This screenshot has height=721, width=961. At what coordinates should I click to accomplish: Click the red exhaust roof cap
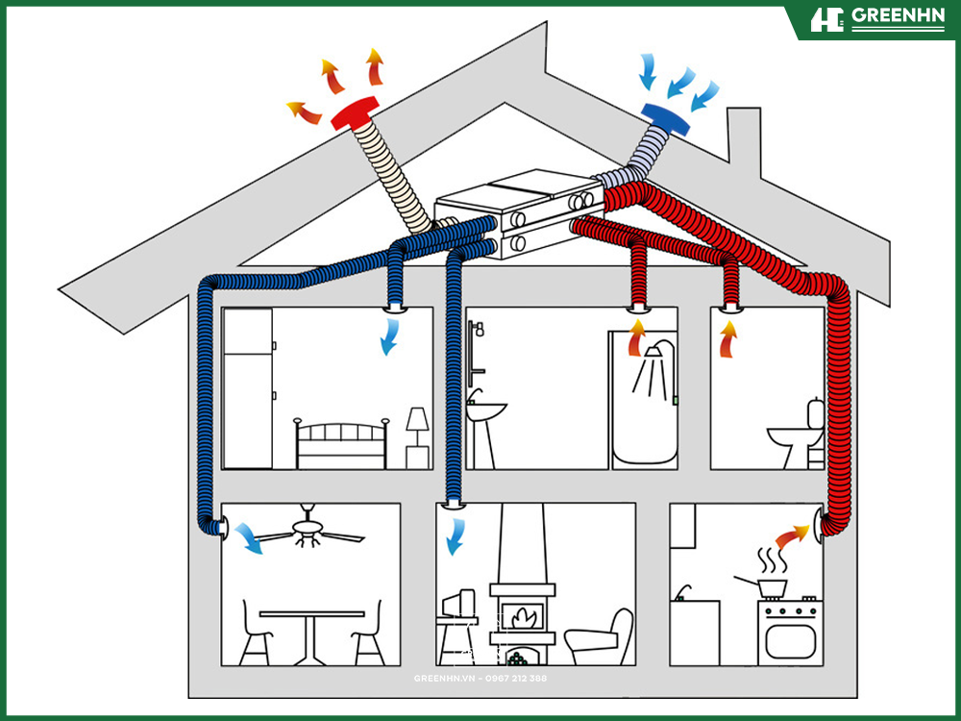[355, 113]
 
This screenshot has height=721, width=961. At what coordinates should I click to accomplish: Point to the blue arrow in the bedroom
[389, 337]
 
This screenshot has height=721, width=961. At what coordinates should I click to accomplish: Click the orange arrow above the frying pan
[791, 535]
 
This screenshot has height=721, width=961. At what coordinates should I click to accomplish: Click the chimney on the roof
[743, 149]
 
